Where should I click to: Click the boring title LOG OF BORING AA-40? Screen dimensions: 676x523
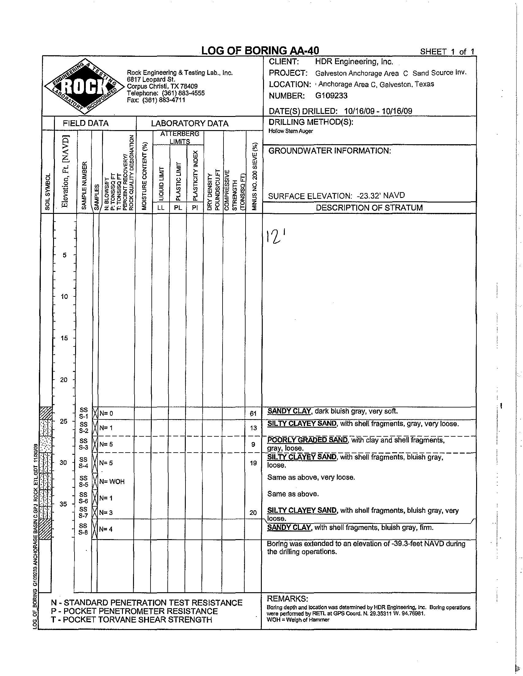[x=260, y=50]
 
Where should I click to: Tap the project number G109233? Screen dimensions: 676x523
[x=331, y=96]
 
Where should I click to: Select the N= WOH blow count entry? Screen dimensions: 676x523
[x=112, y=481]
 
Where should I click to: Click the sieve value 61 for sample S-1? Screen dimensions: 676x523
[x=253, y=414]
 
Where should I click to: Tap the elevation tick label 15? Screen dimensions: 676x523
[x=64, y=338]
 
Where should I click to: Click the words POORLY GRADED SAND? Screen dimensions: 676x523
[x=307, y=440]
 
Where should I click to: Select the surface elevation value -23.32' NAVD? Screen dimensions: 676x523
[x=381, y=195]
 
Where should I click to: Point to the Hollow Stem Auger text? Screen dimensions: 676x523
[x=290, y=131]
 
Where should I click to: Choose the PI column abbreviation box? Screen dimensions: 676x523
[x=195, y=208]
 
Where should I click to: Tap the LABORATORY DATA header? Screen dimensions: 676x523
[x=189, y=123]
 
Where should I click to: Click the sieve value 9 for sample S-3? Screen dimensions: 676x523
[x=253, y=444]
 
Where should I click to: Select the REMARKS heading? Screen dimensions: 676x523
[x=287, y=598]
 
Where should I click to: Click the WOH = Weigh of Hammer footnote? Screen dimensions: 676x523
[x=298, y=620]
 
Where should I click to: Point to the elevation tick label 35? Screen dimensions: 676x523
[x=63, y=504]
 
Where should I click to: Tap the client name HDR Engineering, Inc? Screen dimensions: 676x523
[x=354, y=62]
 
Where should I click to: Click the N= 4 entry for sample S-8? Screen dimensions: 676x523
[x=106, y=529]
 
